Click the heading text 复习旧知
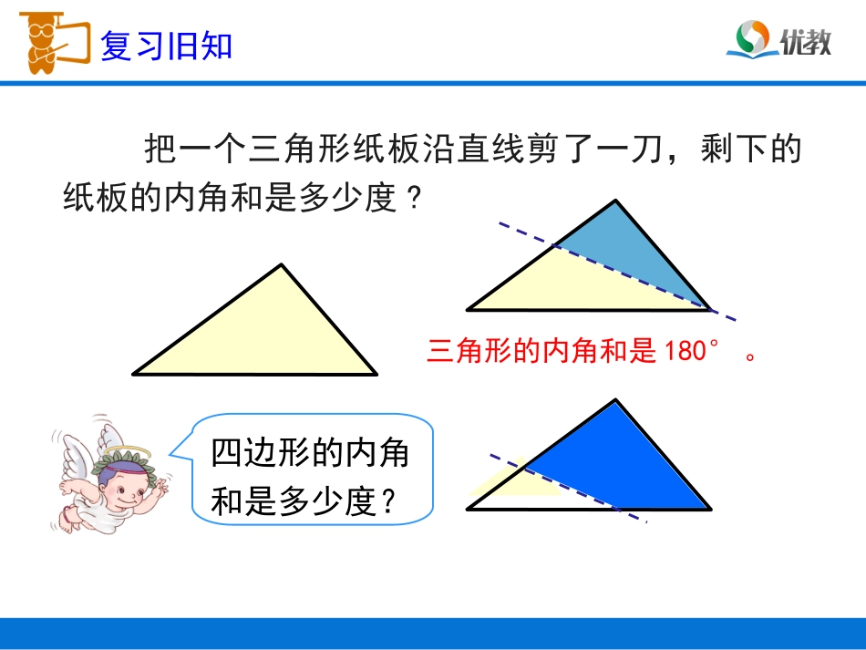pyautogui.click(x=166, y=46)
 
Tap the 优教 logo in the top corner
pyautogui.click(x=778, y=40)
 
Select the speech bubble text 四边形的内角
pyautogui.click(x=310, y=453)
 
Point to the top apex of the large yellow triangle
pyautogui.click(x=282, y=265)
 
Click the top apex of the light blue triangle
pyautogui.click(x=617, y=201)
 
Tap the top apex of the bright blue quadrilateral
pyautogui.click(x=616, y=400)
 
